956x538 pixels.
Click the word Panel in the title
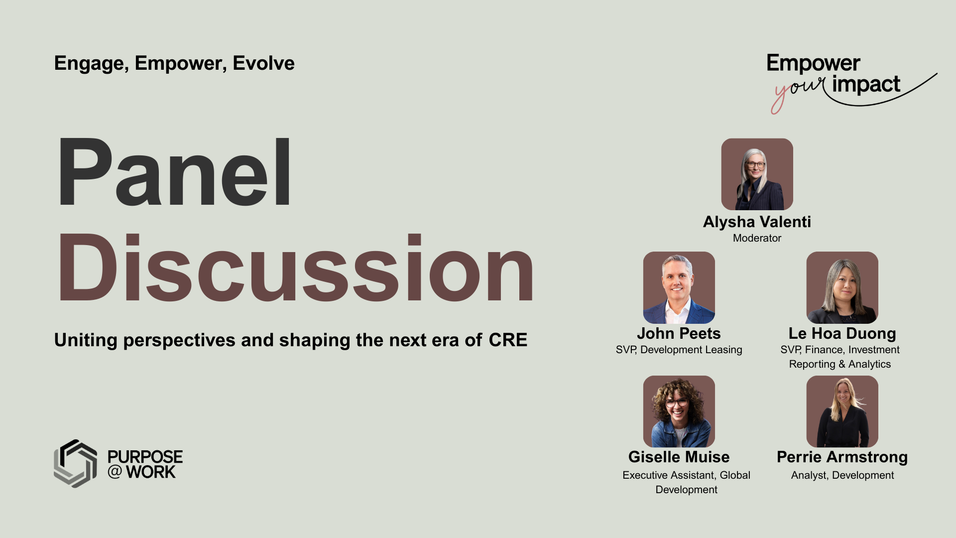click(x=174, y=172)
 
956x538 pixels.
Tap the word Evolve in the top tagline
click(x=263, y=63)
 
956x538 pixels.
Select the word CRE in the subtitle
click(x=508, y=340)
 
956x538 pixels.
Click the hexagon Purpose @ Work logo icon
click(x=75, y=463)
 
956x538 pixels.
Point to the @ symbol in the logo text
click(x=115, y=471)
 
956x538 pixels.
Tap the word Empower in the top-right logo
click(x=813, y=64)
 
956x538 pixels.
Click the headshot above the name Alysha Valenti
click(x=757, y=174)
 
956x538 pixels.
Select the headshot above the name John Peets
click(x=679, y=287)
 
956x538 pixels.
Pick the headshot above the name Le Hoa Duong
click(x=842, y=287)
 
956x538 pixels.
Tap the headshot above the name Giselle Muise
click(x=679, y=411)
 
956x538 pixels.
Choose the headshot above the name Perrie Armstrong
click(x=842, y=411)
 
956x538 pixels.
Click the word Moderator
click(x=757, y=238)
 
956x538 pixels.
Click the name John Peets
click(x=679, y=333)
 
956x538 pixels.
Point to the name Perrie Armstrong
click(x=842, y=457)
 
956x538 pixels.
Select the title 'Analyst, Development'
click(x=842, y=475)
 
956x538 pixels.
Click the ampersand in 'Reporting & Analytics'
click(x=841, y=364)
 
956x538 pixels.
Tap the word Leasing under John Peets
click(x=723, y=350)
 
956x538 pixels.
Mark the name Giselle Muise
click(x=679, y=457)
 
